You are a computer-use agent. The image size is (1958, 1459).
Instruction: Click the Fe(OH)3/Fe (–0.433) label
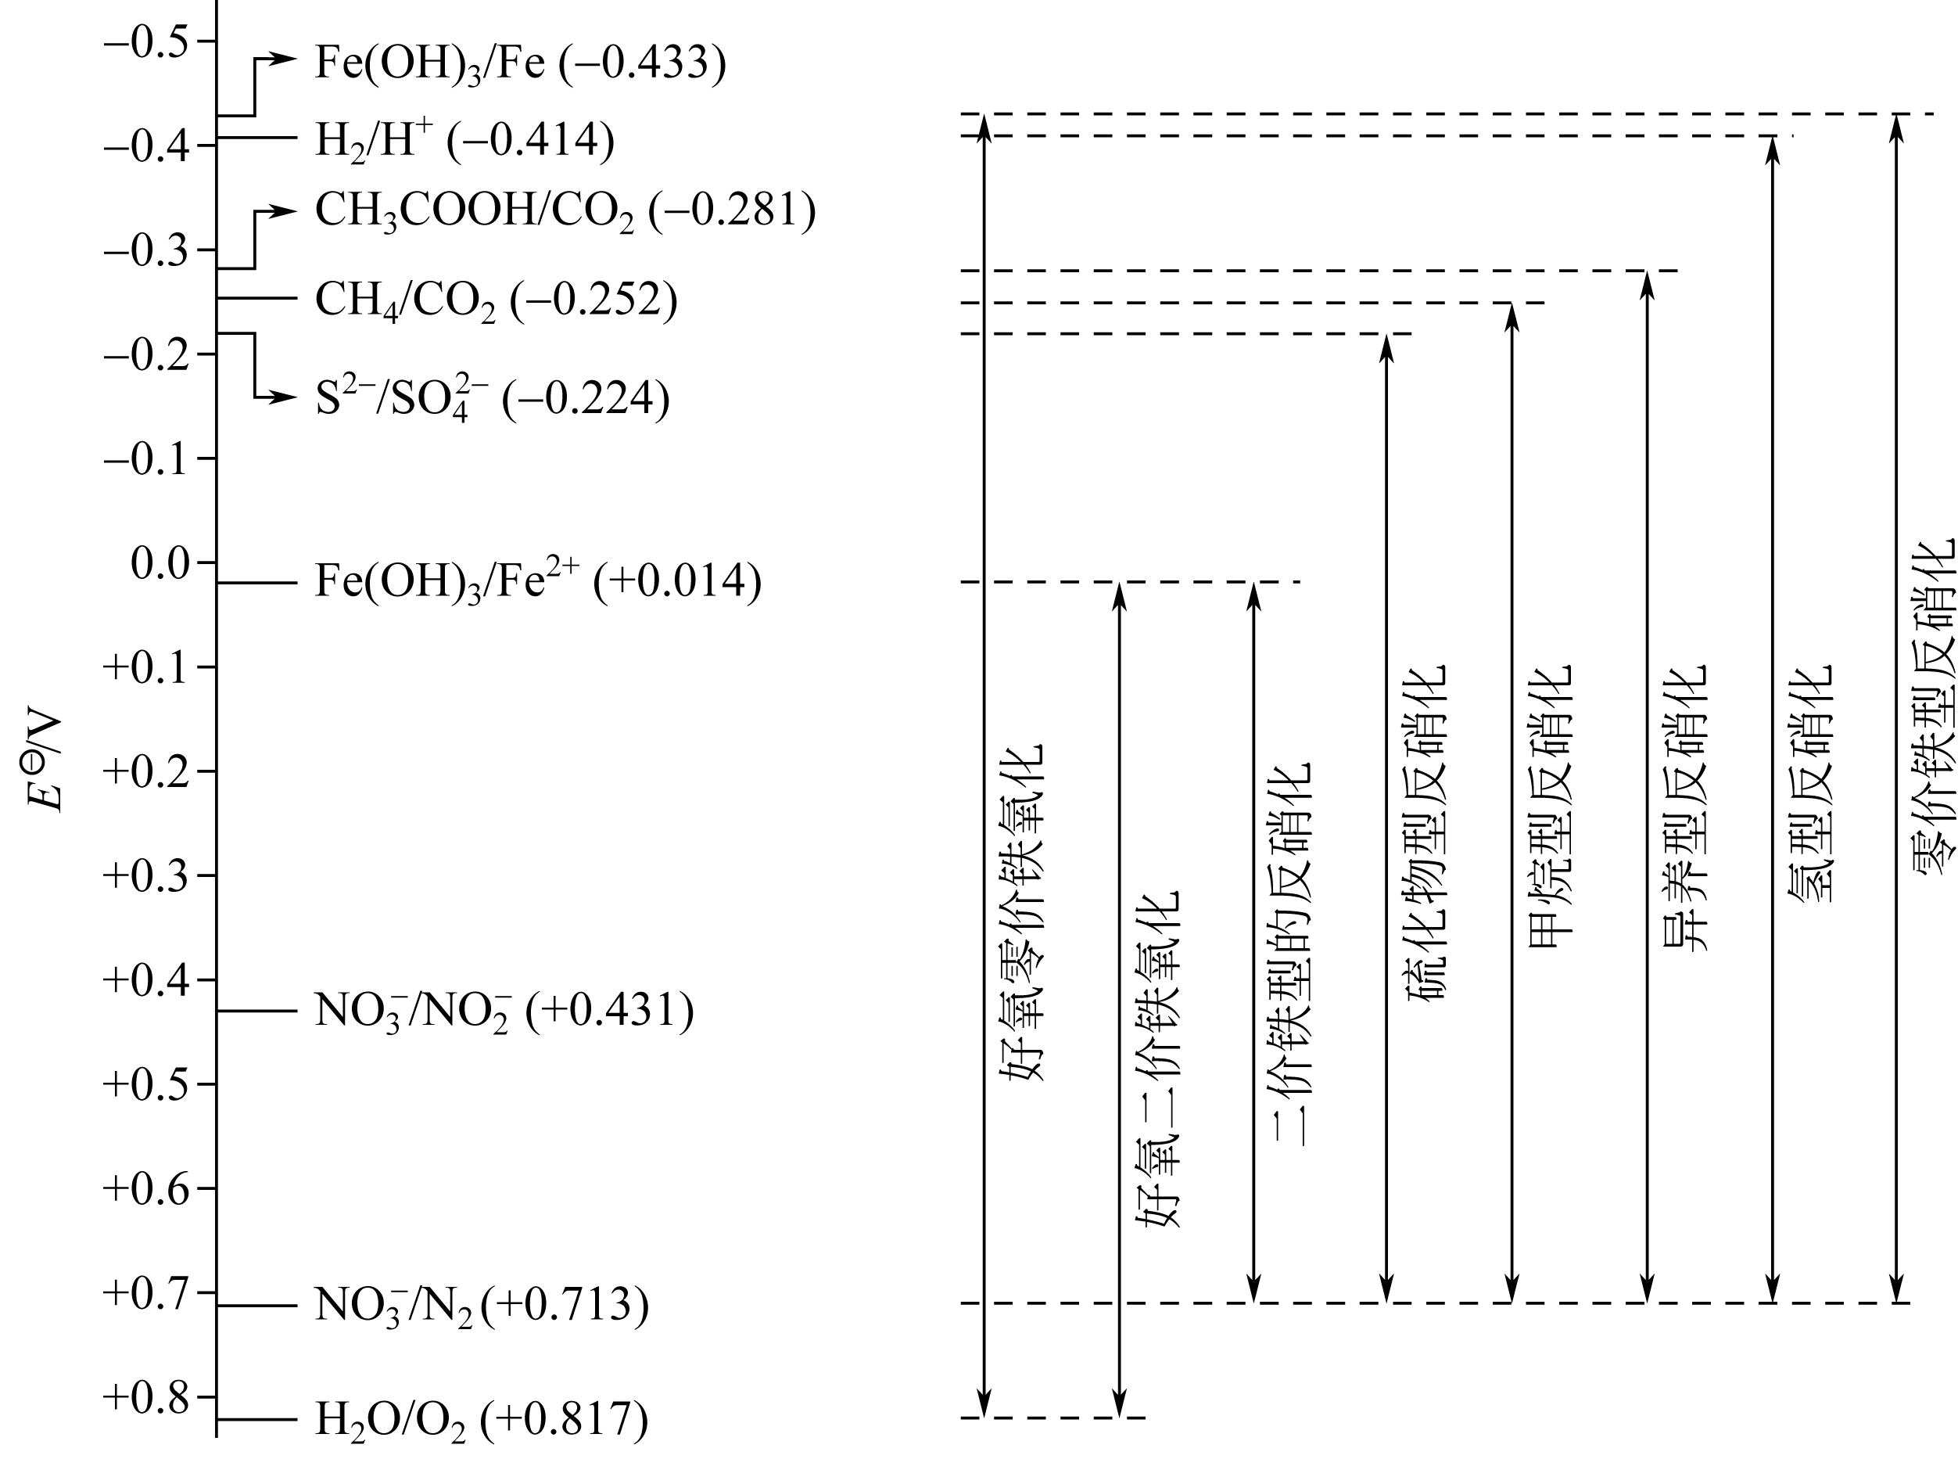click(520, 63)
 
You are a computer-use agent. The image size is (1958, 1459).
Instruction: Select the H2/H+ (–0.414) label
click(464, 139)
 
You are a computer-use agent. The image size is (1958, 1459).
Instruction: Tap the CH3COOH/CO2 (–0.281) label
click(565, 212)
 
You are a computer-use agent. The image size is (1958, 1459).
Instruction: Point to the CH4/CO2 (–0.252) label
click(496, 300)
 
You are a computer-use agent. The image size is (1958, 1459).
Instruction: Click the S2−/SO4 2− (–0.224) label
click(493, 398)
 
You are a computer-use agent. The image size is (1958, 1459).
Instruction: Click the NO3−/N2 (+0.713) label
click(481, 1306)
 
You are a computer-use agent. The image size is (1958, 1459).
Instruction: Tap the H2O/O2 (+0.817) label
click(481, 1419)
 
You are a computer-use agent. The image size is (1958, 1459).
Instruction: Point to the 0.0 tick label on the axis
click(160, 563)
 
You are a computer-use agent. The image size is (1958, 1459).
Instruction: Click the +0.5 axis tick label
click(146, 1084)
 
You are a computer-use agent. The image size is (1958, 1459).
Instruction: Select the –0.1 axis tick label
click(146, 459)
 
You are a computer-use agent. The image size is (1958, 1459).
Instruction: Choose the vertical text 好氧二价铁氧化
click(1157, 1059)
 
